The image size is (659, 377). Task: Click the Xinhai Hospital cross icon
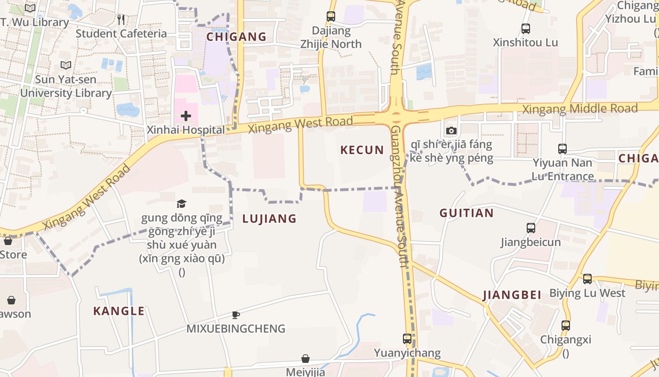[x=186, y=115]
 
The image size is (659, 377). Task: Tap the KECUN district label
[x=362, y=150]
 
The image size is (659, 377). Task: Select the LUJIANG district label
[x=269, y=219]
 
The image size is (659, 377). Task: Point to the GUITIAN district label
[x=466, y=213]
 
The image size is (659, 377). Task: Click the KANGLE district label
[x=119, y=311]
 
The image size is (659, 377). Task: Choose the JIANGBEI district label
[x=512, y=295]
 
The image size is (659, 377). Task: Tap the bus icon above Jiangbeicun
[x=531, y=228]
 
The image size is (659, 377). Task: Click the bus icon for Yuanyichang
[x=407, y=338]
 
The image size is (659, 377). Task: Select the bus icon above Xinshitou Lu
[x=526, y=28]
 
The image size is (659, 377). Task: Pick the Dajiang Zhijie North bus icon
[x=331, y=16]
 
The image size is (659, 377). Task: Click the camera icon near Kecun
[x=451, y=131]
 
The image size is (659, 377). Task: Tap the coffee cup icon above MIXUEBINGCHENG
[x=236, y=315]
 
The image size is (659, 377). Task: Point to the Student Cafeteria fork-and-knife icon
[x=121, y=19]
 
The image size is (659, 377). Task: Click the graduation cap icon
[x=182, y=204]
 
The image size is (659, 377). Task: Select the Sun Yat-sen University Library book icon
[x=66, y=66]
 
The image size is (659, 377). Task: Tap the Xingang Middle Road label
[x=580, y=109]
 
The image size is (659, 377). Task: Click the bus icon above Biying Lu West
[x=587, y=279]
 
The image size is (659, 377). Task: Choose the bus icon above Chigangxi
[x=566, y=325]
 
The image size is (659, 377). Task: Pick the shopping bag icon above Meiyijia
[x=305, y=359]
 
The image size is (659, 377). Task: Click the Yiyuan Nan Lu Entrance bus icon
[x=563, y=149]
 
